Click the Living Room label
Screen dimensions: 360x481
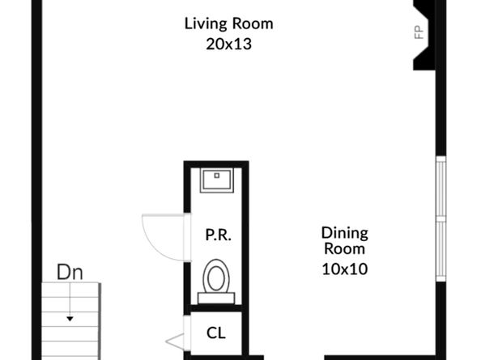pyautogui.click(x=228, y=23)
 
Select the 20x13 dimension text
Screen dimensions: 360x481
pyautogui.click(x=228, y=44)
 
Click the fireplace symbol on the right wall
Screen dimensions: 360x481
pyautogui.click(x=427, y=35)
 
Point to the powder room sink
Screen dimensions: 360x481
pyautogui.click(x=216, y=179)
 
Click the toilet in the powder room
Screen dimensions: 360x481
pyautogui.click(x=216, y=277)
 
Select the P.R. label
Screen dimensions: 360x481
pyautogui.click(x=217, y=236)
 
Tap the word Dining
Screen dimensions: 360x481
pyautogui.click(x=345, y=233)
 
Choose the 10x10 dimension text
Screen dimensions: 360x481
pyautogui.click(x=345, y=269)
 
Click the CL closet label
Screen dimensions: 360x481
pyautogui.click(x=216, y=332)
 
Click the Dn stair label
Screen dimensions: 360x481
pyautogui.click(x=70, y=272)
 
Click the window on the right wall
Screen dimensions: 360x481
pyautogui.click(x=441, y=218)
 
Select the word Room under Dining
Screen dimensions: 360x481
pyautogui.click(x=345, y=249)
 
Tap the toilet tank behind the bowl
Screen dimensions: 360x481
pyautogui.click(x=216, y=298)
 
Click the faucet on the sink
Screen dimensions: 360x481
pyautogui.click(x=216, y=173)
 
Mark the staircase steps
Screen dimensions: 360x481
pyautogui.click(x=71, y=324)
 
